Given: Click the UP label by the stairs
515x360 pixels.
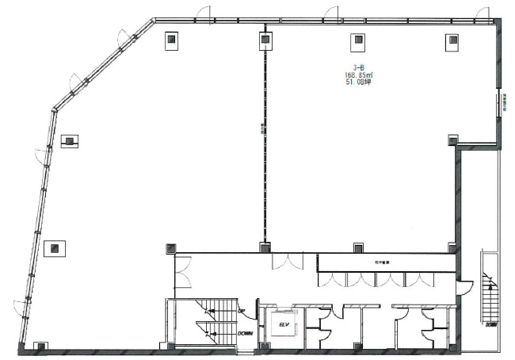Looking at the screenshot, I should pos(239,312).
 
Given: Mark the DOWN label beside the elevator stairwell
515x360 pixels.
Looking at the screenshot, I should pos(245,333).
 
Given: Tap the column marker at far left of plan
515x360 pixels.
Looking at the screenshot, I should pos(54,248).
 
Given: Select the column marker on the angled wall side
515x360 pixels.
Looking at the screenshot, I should pos(70,140).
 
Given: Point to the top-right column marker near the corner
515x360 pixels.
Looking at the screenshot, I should pos(452,40).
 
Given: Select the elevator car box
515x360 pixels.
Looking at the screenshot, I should pos(282,326).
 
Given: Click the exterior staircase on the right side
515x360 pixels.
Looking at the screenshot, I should pos(489,297).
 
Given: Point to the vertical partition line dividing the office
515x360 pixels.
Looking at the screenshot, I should pos(262,143).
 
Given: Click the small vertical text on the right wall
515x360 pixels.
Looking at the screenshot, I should pos(502,102).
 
